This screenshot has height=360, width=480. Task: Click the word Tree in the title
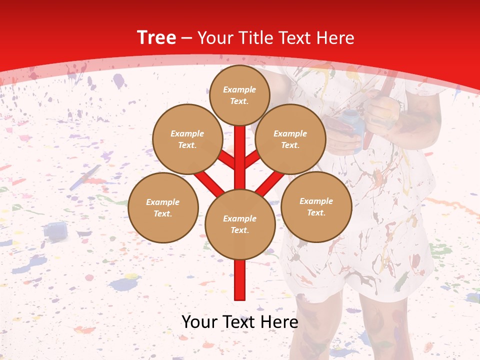(156, 38)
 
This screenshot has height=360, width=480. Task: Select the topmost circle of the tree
(239, 95)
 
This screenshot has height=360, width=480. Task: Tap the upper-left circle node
(187, 139)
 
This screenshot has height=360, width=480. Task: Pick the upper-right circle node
(290, 139)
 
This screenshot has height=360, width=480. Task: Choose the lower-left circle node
(163, 207)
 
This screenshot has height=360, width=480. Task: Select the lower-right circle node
(316, 206)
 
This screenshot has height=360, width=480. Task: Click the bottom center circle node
(240, 224)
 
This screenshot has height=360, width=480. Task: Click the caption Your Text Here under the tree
(240, 321)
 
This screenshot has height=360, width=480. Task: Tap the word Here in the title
(335, 38)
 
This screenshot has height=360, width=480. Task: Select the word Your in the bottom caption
(198, 321)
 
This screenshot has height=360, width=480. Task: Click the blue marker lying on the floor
(85, 177)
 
